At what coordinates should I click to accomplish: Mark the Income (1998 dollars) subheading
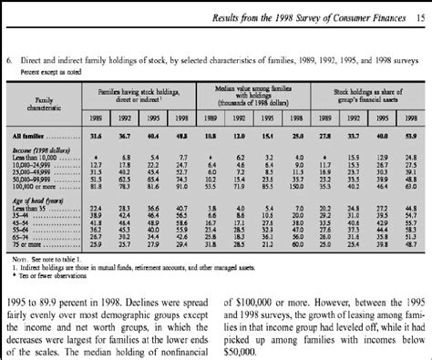click(45, 149)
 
